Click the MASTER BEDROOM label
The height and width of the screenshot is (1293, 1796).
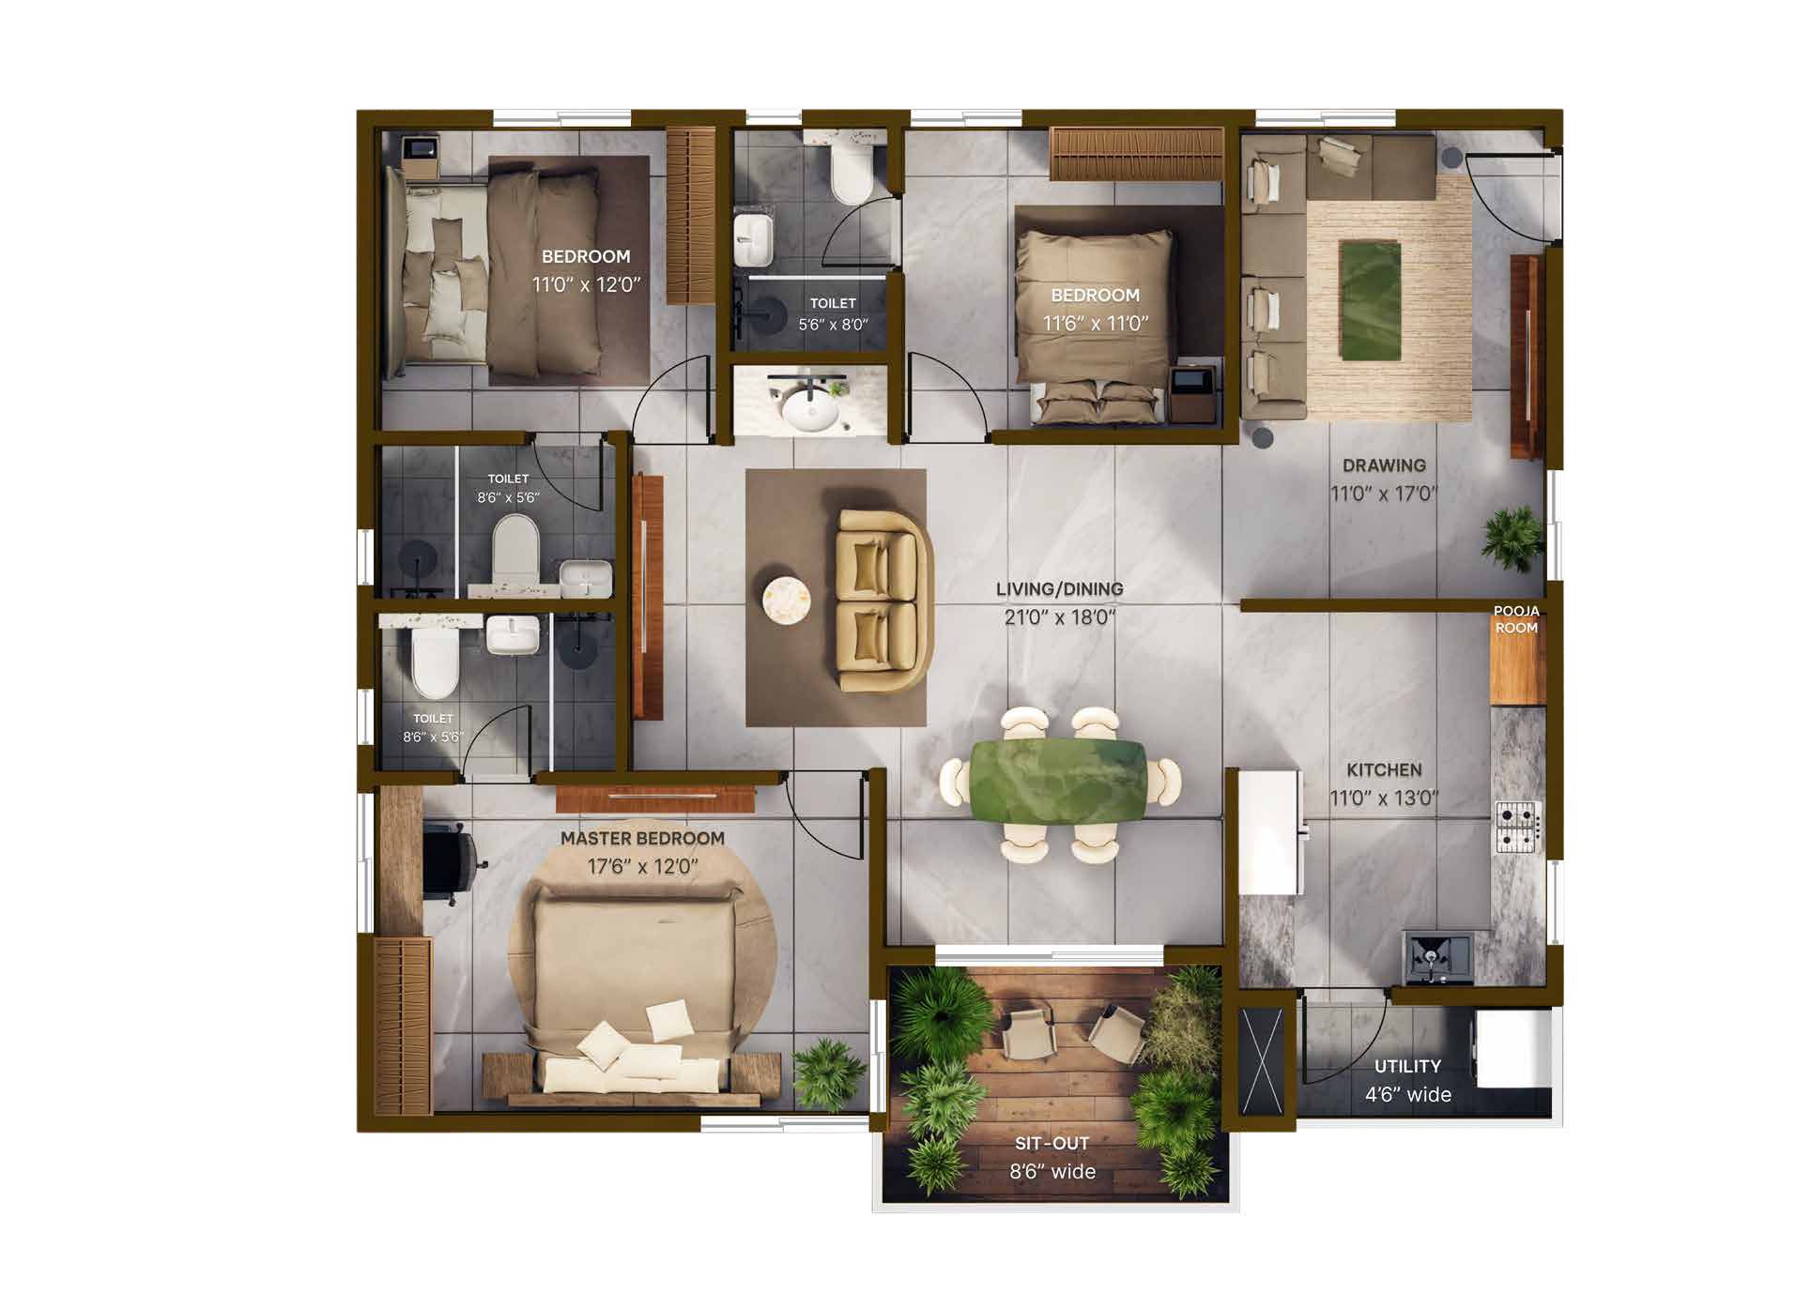coord(642,838)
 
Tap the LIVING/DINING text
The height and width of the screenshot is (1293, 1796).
coord(1059,589)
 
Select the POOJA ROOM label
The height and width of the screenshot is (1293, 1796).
coord(1516,619)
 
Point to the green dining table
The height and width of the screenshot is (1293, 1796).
coord(1059,784)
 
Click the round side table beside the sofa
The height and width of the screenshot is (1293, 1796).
coord(786,600)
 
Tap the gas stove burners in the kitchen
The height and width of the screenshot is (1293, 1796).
coord(1517,827)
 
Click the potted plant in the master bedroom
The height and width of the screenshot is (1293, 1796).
coord(829,1074)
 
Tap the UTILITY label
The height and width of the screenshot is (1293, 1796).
coord(1407,1066)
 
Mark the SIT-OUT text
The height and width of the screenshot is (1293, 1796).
coord(1052,1143)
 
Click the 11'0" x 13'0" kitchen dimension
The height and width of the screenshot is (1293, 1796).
coord(1384,799)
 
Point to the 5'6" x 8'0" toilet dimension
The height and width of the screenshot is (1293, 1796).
coord(833,325)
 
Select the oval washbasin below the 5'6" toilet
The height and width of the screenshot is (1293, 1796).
coord(812,409)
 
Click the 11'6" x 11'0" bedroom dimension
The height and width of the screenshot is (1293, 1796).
coord(1096,324)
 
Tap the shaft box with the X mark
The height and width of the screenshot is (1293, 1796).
coord(1261,1060)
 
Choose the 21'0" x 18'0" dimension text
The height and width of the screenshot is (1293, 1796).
coord(1060,617)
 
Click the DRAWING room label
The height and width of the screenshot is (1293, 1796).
coord(1384,465)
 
